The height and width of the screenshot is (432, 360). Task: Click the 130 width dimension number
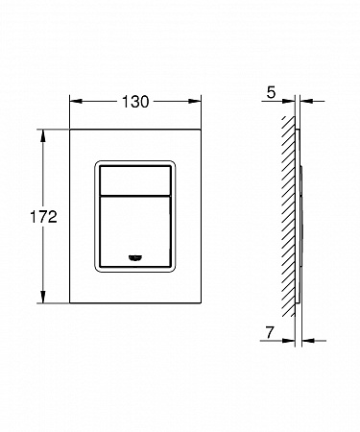[x=135, y=102]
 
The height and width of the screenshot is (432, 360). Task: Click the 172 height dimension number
[x=43, y=217]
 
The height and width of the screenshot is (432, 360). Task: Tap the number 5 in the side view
[x=271, y=93]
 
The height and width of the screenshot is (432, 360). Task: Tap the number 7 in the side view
[x=270, y=332]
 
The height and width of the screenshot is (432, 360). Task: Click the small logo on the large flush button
[x=135, y=257]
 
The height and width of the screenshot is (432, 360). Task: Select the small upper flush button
[x=135, y=180]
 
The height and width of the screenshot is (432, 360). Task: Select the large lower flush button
[x=135, y=231]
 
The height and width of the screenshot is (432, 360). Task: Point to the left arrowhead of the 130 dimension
[x=76, y=102]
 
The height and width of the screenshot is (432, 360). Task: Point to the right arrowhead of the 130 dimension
[x=195, y=102]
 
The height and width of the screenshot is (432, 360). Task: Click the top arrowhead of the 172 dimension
[x=43, y=135]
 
